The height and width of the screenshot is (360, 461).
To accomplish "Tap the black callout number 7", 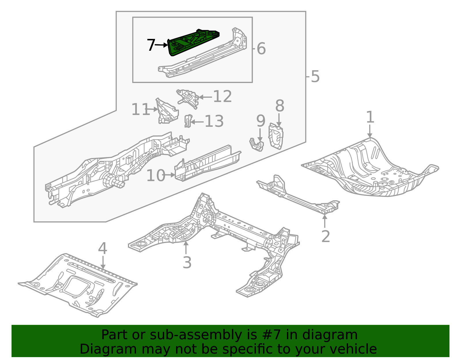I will coord(151,45).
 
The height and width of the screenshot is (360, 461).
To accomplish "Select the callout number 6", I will coord(261,48).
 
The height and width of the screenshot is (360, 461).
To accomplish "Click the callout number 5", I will coord(315,77).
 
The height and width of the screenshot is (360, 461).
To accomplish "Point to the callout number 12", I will coord(222,97).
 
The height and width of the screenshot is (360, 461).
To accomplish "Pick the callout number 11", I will coord(140,110).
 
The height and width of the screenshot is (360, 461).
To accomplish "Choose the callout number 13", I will coord(214,121).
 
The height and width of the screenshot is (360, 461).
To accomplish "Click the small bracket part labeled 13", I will coord(188,121).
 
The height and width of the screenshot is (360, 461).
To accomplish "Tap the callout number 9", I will coord(260,121).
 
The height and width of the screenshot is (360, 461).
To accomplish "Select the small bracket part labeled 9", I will coord(257,144).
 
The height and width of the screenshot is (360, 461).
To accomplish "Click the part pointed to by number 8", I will coord(276,136).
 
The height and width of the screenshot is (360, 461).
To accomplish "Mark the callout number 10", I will coord(156,176).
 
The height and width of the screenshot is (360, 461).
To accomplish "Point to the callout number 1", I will coord(370,117).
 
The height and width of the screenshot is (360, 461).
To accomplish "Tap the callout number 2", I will coord(325,236).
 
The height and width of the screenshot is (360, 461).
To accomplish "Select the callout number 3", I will coord(187,263).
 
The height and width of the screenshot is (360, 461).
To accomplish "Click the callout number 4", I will coord(103,248).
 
